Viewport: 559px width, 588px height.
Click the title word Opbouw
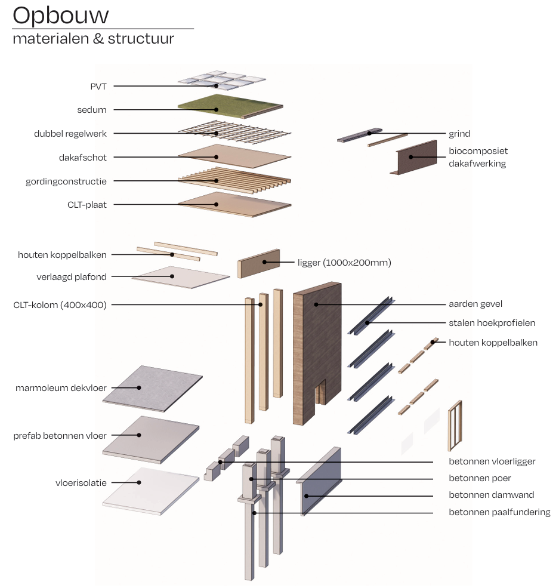tap(61, 16)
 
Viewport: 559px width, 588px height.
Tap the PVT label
tap(98, 87)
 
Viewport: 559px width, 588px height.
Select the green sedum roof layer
tap(230, 106)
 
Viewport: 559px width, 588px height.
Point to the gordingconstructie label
tap(66, 181)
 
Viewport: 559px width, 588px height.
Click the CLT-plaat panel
tap(234, 204)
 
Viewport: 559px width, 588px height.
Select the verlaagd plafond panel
tap(181, 278)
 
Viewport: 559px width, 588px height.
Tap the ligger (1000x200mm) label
tap(344, 263)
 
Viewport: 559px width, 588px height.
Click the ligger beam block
tap(258, 264)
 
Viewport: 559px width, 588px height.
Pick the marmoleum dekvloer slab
tap(153, 389)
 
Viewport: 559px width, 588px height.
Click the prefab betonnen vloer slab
tap(150, 439)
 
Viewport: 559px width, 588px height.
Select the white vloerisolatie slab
tap(150, 491)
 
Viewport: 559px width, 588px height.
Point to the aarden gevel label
tap(475, 304)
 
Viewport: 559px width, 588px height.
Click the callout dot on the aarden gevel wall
tap(316, 304)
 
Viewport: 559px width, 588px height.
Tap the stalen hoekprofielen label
tap(492, 323)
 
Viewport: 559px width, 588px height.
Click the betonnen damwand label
tap(491, 495)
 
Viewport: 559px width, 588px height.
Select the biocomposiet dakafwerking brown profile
tap(414, 158)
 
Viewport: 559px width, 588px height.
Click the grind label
tap(459, 134)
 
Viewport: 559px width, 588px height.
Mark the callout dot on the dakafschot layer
tap(216, 157)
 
